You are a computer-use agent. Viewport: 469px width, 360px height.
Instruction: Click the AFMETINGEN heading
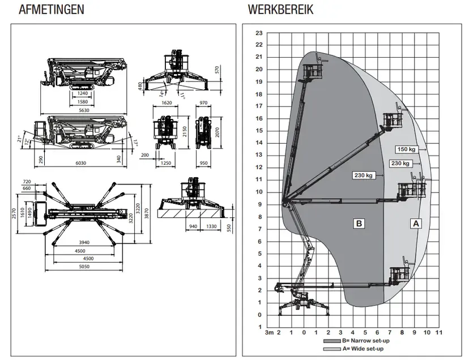(52, 10)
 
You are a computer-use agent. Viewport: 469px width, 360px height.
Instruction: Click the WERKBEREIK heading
(280, 10)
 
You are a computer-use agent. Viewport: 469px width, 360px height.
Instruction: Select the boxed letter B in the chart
(359, 224)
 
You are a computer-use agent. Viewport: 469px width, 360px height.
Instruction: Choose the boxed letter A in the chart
(416, 224)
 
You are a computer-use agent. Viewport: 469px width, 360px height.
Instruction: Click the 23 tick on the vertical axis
(259, 32)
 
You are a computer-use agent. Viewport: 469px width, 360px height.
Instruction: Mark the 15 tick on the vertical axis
(259, 131)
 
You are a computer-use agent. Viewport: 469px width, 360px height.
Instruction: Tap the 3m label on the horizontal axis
(270, 332)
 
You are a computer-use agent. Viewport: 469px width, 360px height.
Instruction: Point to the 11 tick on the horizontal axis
(439, 332)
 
